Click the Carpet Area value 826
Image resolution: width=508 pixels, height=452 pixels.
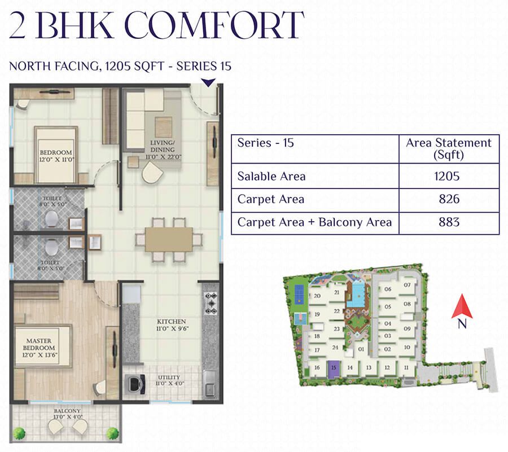click(449, 199)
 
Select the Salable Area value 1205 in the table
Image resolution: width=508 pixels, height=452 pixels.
click(447, 176)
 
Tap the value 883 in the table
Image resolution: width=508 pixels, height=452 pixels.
click(449, 222)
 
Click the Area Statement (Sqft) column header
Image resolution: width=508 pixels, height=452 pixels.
click(449, 148)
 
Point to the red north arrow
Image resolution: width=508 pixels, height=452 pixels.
click(462, 306)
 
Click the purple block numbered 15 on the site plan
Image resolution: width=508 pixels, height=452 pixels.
click(334, 368)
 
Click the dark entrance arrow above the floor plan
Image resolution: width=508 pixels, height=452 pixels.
click(208, 82)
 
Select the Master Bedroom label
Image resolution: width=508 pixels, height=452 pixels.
click(39, 348)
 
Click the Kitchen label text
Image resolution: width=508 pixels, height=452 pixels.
click(172, 325)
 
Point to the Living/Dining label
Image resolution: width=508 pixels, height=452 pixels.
click(163, 150)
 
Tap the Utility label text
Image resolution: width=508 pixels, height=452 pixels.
click(169, 380)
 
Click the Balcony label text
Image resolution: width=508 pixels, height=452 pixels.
click(67, 414)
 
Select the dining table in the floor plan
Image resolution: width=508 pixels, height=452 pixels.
click(169, 240)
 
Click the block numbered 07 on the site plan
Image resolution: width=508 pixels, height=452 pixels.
click(407, 285)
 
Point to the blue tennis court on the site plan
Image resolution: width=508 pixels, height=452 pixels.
click(299, 294)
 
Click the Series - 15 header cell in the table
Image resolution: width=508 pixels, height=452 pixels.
click(266, 143)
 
